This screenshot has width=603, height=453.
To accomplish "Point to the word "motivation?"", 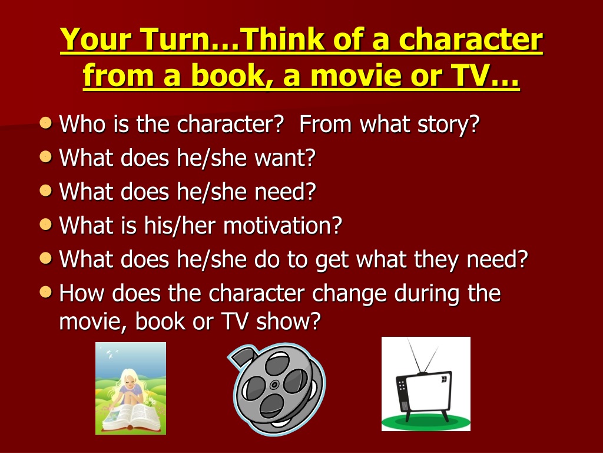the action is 283,226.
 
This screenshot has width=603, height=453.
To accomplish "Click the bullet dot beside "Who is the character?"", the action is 46,123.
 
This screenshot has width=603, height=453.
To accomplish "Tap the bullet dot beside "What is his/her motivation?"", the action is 46,224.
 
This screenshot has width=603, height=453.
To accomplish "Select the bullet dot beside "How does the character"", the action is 46,291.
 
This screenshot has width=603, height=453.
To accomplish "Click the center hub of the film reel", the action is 274,385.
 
